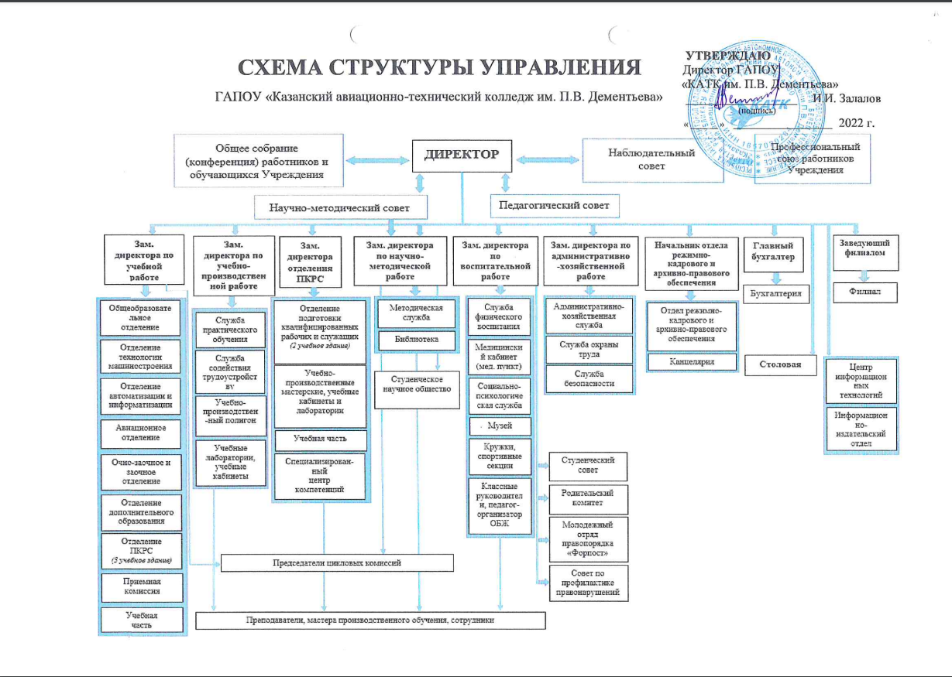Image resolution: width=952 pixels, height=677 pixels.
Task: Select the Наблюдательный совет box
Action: click(x=652, y=159)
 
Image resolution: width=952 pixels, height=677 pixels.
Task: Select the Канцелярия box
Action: click(x=691, y=361)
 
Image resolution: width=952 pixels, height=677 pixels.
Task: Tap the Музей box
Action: click(x=499, y=426)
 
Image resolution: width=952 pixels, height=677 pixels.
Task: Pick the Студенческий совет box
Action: click(x=588, y=465)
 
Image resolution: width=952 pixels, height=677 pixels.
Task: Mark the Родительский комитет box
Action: click(x=588, y=497)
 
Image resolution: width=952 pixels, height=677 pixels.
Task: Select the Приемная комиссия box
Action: click(x=142, y=585)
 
